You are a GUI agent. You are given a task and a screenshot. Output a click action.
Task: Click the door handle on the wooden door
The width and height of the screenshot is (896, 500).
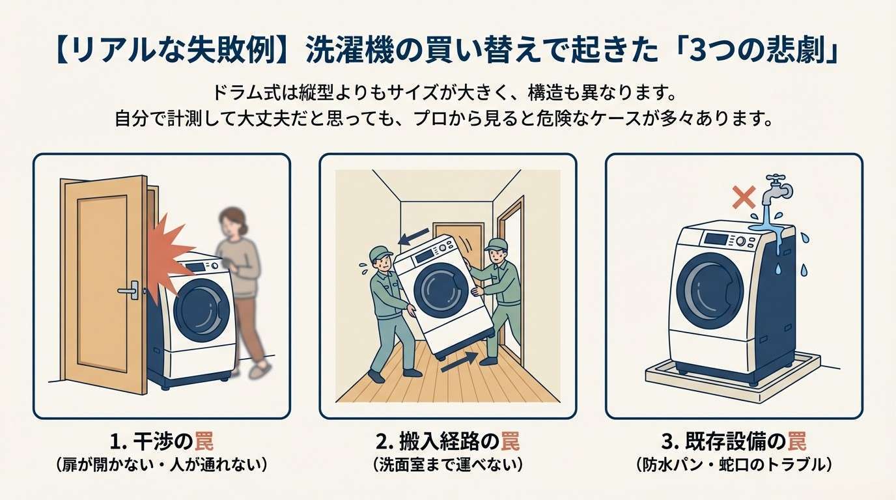coord(130,290)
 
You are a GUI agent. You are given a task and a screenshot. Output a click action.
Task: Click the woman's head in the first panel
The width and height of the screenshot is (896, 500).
coord(232,223)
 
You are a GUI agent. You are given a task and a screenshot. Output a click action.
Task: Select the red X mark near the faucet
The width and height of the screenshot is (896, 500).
coord(744,197)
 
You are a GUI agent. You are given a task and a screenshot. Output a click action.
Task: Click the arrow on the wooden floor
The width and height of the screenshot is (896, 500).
coord(460,362)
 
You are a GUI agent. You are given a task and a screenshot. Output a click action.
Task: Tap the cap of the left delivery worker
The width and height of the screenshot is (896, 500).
coord(380,253)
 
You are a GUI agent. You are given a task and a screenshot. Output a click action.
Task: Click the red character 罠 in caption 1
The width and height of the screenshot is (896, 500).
coord(204,441)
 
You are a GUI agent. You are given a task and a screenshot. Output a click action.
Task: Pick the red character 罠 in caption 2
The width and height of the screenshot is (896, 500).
coord(511,441)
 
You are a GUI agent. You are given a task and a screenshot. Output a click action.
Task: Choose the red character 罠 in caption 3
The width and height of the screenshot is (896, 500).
coord(797,441)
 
